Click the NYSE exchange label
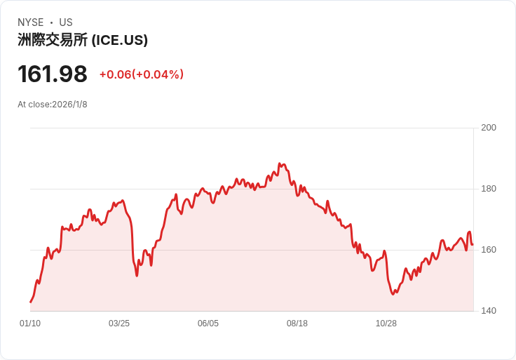pyautogui.click(x=31, y=22)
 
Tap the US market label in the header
pyautogui.click(x=66, y=22)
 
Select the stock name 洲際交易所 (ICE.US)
pyautogui.click(x=83, y=40)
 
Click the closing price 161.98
pyautogui.click(x=53, y=74)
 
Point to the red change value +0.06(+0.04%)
pyautogui.click(x=141, y=74)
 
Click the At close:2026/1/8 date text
pyautogui.click(x=53, y=105)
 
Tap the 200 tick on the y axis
pyautogui.click(x=489, y=127)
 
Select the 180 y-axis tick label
pyautogui.click(x=489, y=188)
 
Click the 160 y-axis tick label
pyautogui.click(x=489, y=249)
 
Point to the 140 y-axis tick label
pyautogui.click(x=489, y=310)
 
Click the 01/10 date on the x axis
pyautogui.click(x=30, y=324)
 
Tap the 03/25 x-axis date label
pyautogui.click(x=119, y=324)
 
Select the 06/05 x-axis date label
pyautogui.click(x=208, y=324)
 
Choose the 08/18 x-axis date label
pyautogui.click(x=297, y=324)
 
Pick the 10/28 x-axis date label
pyautogui.click(x=386, y=324)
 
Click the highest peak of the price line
pyautogui.click(x=280, y=164)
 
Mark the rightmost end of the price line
pyautogui.click(x=473, y=244)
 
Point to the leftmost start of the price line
pyautogui.click(x=31, y=302)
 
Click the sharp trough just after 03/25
pyautogui.click(x=137, y=275)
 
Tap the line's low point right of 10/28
pyautogui.click(x=393, y=294)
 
